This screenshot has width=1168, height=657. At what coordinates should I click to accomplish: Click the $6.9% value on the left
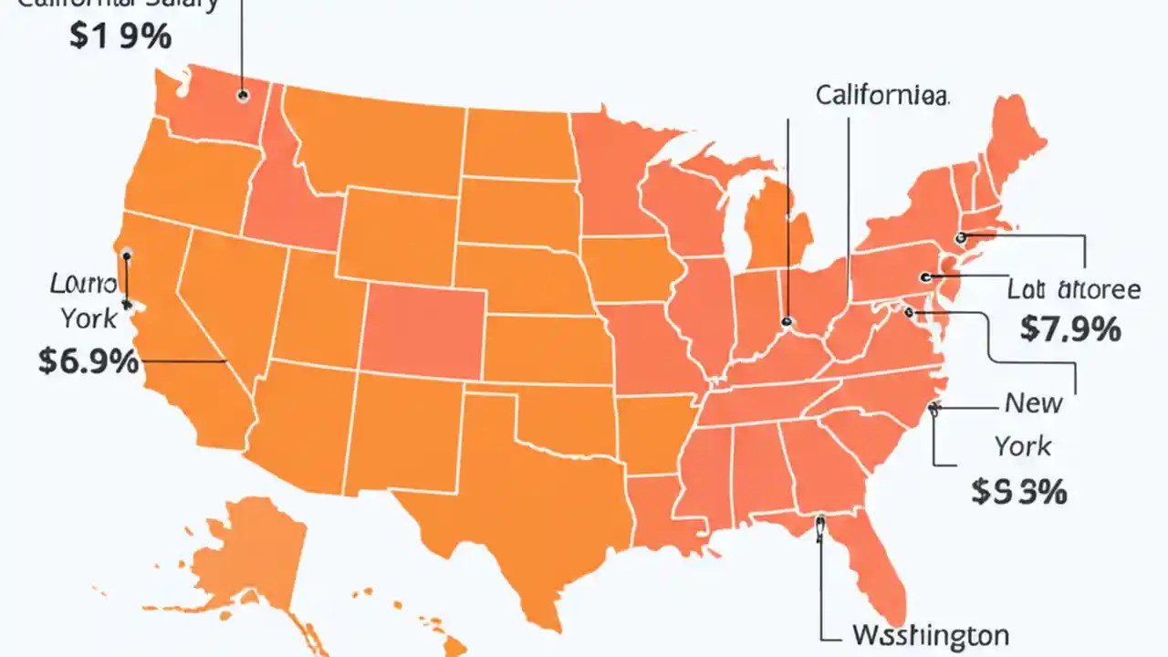point(89,361)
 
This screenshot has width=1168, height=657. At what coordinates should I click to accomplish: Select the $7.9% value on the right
point(1069,328)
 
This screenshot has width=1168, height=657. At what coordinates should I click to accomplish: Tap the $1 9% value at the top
point(120,38)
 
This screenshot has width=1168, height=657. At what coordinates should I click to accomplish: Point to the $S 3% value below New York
point(1018,492)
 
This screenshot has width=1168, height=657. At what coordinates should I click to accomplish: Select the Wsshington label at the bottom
point(929,634)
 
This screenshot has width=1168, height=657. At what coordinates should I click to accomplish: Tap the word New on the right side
point(1033,401)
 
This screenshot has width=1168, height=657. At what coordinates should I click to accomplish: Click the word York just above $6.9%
point(89,318)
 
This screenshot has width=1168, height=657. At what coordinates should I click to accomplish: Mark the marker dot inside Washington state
point(243,94)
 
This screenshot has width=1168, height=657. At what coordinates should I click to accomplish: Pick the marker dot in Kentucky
point(786,321)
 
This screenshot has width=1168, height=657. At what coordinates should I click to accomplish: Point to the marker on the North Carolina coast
point(933,408)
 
